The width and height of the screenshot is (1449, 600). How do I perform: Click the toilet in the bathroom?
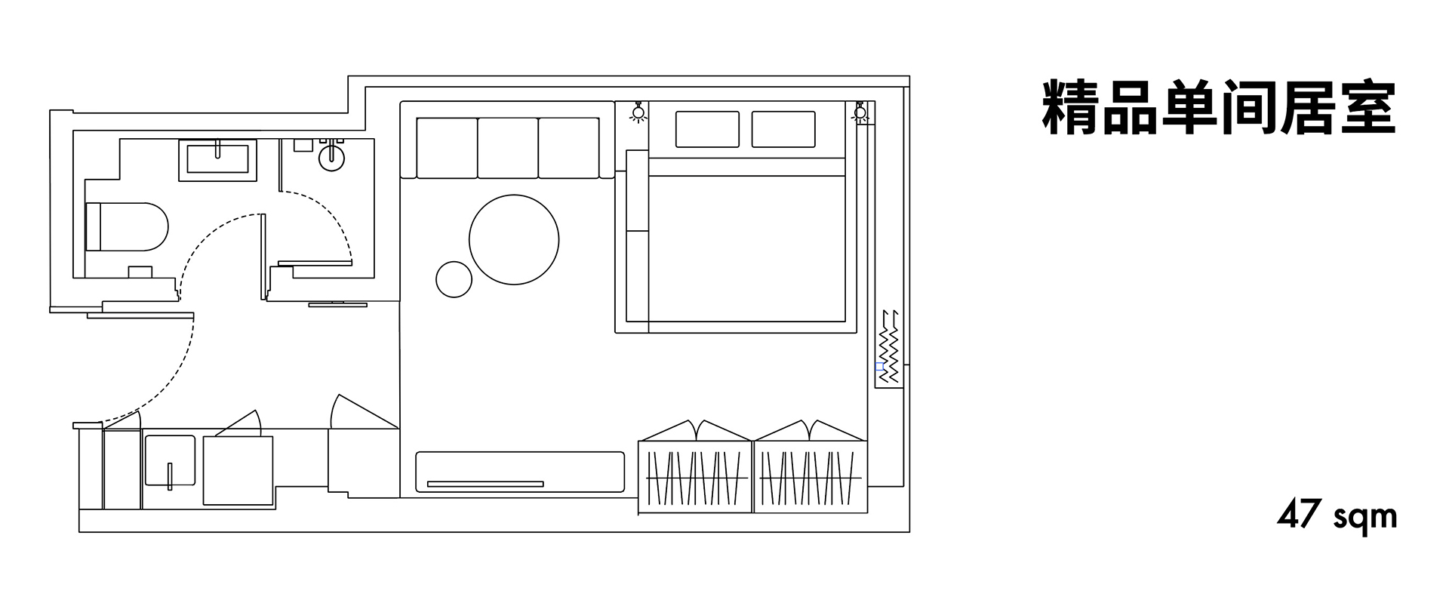click(126, 226)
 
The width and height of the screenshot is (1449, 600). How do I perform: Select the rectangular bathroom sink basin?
click(217, 160)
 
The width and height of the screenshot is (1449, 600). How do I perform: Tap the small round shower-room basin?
click(332, 158)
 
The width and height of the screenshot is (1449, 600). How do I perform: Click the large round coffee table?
click(514, 239)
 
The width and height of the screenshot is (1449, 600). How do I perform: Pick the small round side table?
click(454, 278)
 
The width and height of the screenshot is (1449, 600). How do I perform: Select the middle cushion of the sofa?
click(508, 148)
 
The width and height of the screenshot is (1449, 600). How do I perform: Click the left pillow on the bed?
click(707, 129)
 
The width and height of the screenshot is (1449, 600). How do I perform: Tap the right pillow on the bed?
click(783, 129)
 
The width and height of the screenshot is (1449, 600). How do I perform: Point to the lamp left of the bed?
click(638, 112)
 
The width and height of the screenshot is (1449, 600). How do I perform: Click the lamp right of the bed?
click(860, 112)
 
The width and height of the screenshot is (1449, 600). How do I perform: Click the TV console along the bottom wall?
click(520, 472)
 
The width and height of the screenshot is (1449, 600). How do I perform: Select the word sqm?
click(1365, 519)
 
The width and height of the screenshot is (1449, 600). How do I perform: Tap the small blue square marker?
click(879, 366)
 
